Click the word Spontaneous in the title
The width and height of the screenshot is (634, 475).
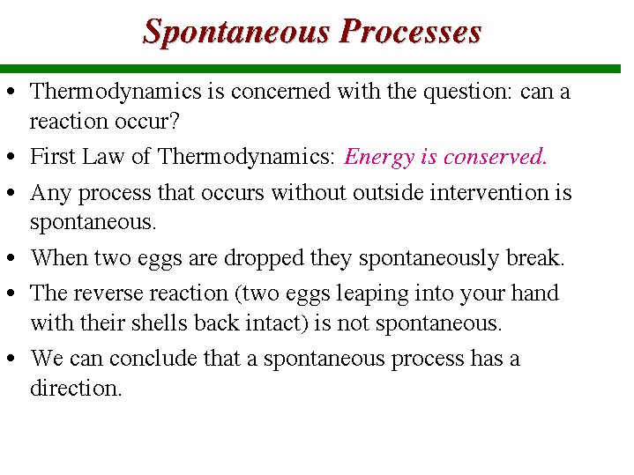point(236,33)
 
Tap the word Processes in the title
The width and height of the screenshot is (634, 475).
point(410,32)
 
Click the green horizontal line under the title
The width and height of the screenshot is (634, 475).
point(310,69)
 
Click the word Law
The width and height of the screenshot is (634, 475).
point(103,156)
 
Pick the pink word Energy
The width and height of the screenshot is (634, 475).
point(379,158)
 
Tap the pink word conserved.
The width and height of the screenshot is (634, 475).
point(496,157)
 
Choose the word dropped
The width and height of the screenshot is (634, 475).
point(264,259)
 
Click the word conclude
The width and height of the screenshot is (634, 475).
point(153,358)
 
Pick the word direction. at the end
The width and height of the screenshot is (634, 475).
point(76,388)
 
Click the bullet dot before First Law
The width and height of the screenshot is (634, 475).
point(11,157)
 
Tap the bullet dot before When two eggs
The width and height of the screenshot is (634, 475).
point(11,257)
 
